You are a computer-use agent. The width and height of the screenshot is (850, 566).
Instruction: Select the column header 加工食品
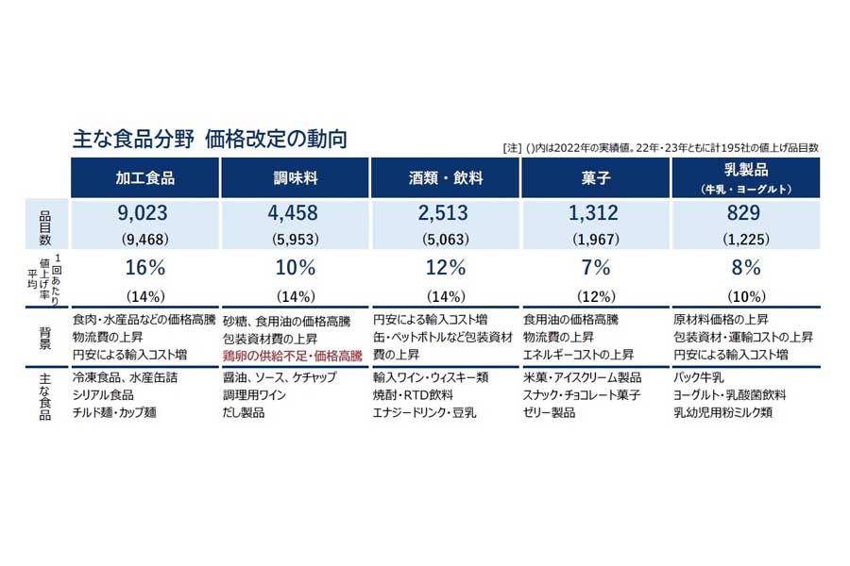point(144,177)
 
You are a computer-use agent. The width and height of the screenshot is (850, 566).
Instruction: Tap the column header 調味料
point(295,177)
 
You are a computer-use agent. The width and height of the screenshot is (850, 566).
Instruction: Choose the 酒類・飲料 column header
point(445,177)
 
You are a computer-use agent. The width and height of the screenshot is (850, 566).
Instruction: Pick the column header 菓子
point(595,177)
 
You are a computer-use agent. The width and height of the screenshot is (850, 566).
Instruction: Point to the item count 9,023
point(144,214)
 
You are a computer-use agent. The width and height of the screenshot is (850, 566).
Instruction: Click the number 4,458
point(295,214)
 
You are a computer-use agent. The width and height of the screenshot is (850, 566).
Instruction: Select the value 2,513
point(445,214)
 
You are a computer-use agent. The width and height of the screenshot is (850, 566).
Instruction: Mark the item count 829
point(745,214)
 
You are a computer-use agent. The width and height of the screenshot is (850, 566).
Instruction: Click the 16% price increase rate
point(144,267)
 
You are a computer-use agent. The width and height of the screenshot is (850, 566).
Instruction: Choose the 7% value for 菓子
point(595,267)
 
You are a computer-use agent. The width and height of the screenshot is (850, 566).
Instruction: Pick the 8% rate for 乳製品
point(745,267)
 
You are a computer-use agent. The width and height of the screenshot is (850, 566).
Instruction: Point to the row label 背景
point(44,337)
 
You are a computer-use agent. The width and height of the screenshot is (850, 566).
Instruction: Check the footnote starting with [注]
point(661,148)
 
